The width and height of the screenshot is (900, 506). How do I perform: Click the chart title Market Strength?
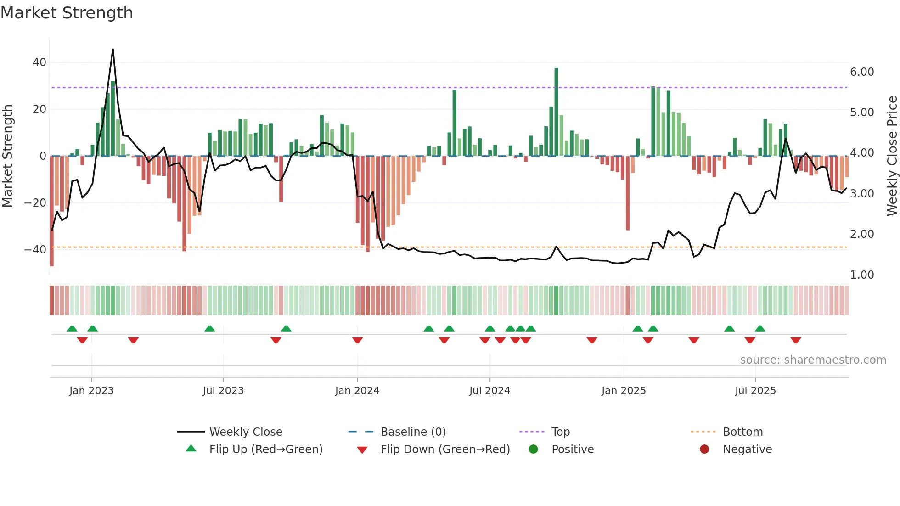tap(67, 13)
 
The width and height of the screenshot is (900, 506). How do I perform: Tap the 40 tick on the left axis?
tap(39, 62)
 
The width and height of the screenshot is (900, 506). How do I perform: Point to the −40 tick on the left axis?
tap(35, 249)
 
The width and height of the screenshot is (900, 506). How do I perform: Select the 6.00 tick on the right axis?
tap(862, 72)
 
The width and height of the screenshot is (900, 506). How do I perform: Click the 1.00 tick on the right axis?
tap(862, 275)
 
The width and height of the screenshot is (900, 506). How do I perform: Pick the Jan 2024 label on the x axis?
tap(357, 391)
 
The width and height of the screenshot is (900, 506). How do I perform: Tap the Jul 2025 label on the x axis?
tap(755, 391)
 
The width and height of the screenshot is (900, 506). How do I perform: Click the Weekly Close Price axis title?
tap(892, 156)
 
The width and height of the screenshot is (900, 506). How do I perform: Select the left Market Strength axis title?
tap(8, 156)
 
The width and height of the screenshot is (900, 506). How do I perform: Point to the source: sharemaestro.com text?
tap(813, 360)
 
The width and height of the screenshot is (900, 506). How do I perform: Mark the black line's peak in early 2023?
tap(113, 49)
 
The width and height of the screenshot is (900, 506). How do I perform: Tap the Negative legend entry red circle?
tap(704, 449)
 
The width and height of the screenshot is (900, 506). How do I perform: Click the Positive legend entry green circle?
tap(533, 449)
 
